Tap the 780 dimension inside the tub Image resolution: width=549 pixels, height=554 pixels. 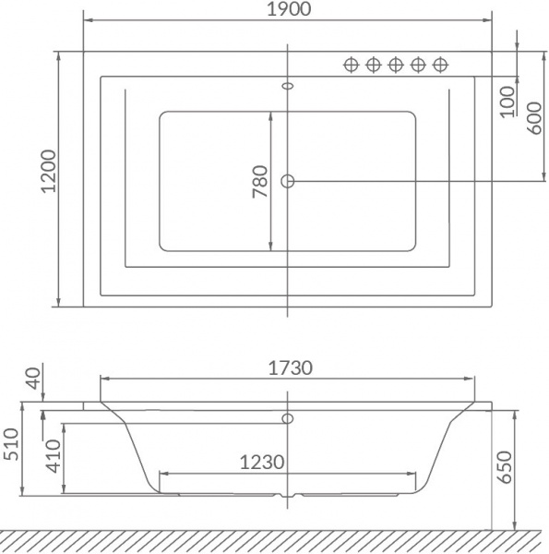pos(259,181)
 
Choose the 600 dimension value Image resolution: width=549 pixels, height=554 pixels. pos(532,119)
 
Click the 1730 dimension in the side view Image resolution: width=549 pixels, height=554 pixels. pos(291,367)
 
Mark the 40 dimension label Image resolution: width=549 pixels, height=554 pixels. pos(34,378)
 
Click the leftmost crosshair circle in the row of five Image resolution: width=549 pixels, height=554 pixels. pos(351,64)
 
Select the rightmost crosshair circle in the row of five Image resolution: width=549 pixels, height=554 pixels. pos(441,64)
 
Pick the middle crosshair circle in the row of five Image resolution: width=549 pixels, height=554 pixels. pos(396,64)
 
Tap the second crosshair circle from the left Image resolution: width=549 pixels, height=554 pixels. pos(373,64)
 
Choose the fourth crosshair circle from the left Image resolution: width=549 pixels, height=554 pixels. pos(419,64)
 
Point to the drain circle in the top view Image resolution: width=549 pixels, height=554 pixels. pos(288,181)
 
